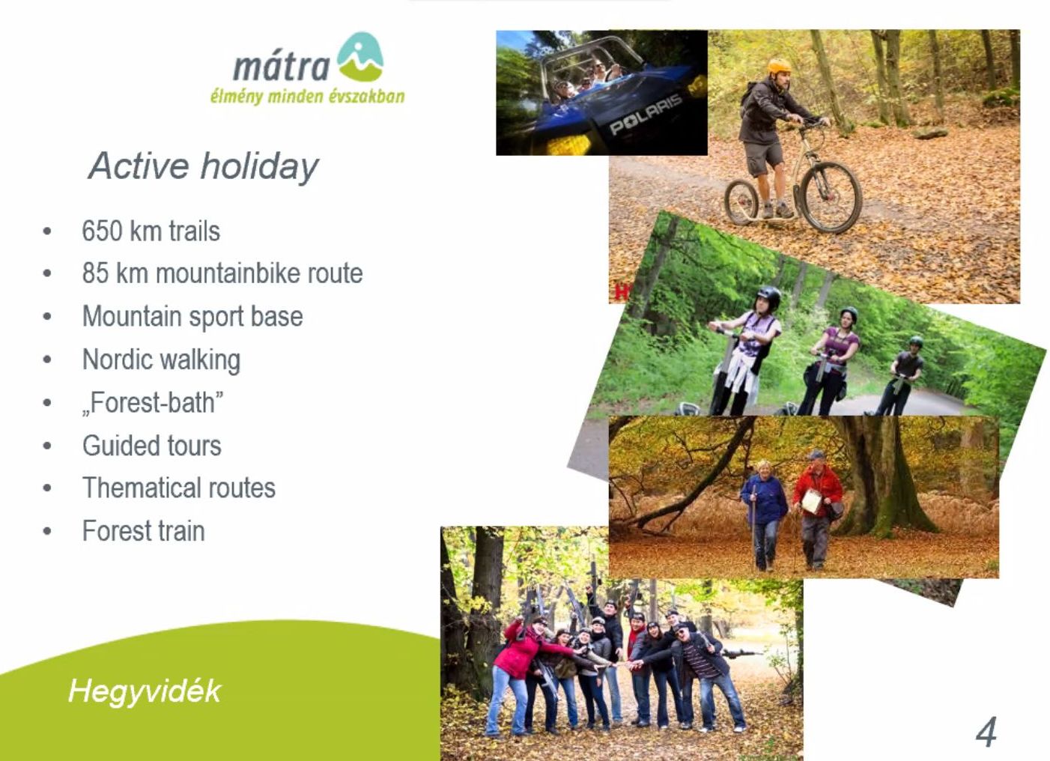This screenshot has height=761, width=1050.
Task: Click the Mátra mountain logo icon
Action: pos(360,57)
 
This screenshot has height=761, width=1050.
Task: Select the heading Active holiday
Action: pos(203,166)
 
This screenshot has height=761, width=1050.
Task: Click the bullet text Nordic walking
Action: pos(161,360)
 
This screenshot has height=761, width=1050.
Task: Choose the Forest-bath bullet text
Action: pos(152,403)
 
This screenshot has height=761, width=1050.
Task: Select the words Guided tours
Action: pos(152,446)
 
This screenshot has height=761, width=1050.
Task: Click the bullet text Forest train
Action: pos(144,531)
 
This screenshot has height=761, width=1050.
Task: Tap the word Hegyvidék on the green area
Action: pos(145,691)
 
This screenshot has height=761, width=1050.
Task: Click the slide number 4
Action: pos(986,732)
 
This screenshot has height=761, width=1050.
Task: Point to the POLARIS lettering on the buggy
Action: pos(646,114)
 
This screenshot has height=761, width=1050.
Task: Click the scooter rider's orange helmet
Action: pos(779,66)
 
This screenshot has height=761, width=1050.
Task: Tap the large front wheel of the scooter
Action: pos(831,197)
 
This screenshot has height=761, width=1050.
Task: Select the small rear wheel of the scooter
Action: pos(741,202)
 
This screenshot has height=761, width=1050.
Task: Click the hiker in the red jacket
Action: pos(818,510)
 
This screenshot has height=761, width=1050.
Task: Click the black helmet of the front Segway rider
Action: pos(768,296)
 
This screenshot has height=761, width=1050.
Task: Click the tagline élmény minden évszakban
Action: pos(308,97)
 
